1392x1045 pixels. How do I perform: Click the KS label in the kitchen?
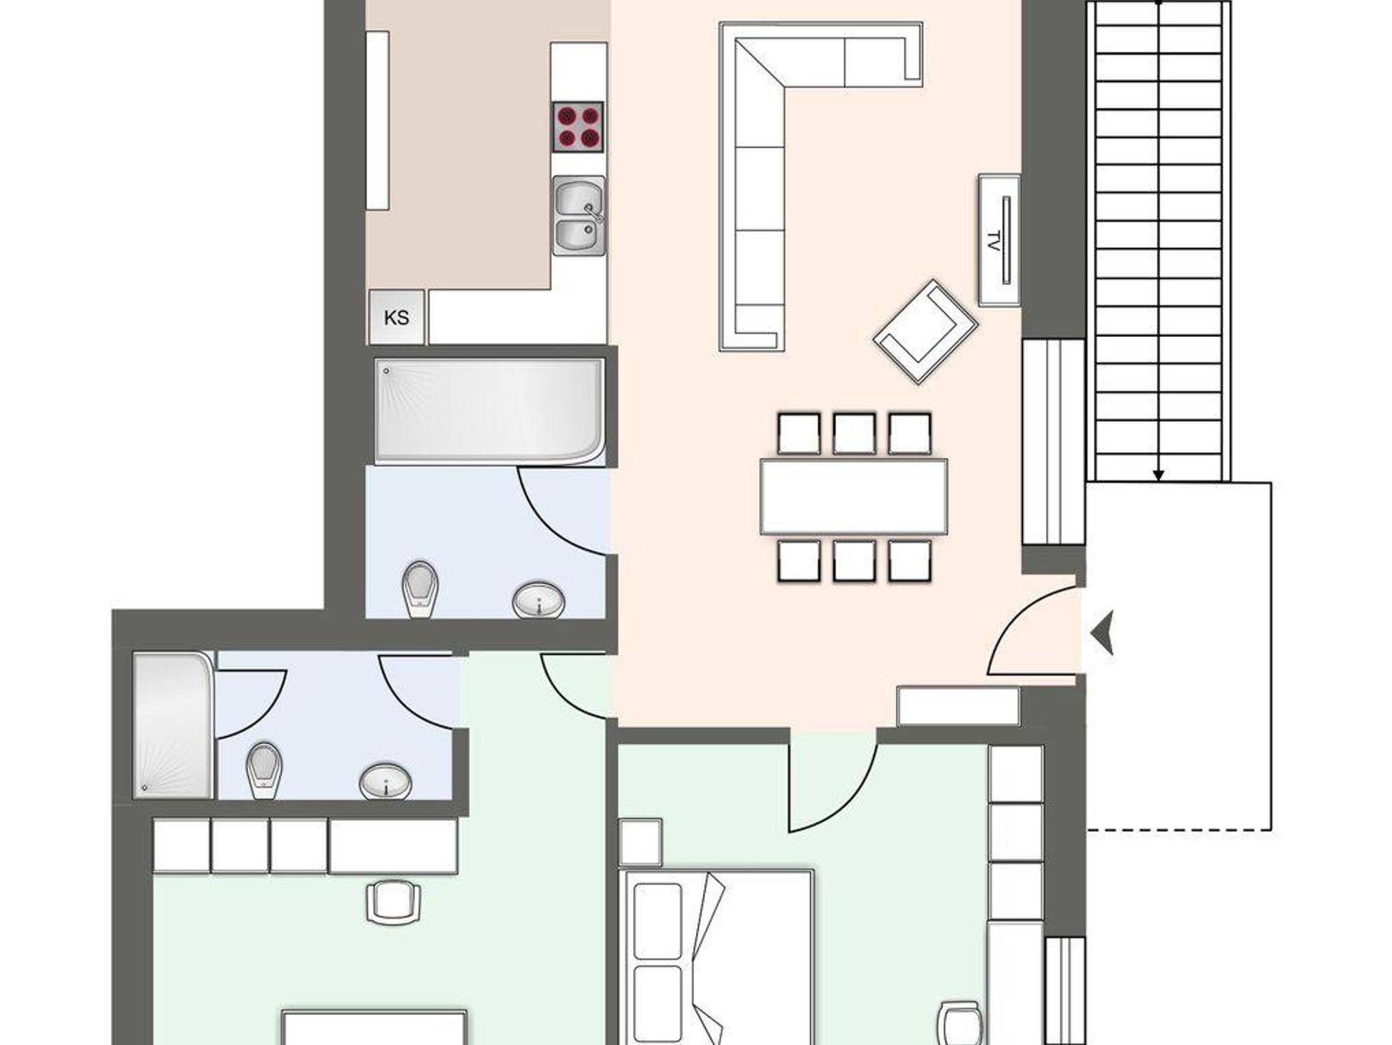(x=396, y=318)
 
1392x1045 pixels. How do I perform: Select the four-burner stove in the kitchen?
(x=578, y=127)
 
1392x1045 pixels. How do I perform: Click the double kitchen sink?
(x=578, y=215)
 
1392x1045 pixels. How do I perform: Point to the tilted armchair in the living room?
(x=926, y=331)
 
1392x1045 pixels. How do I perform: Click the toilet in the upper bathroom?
(x=419, y=590)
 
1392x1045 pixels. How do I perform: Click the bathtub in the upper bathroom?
(x=489, y=412)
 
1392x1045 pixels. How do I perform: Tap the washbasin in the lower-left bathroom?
(x=385, y=781)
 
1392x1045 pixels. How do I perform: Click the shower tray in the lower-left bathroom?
(x=173, y=725)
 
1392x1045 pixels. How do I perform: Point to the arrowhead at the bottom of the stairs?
(x=1159, y=476)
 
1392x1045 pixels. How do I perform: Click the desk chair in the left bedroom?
(x=394, y=902)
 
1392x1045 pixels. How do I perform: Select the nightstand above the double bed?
(x=640, y=843)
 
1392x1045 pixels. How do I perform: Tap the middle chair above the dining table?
(x=854, y=433)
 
